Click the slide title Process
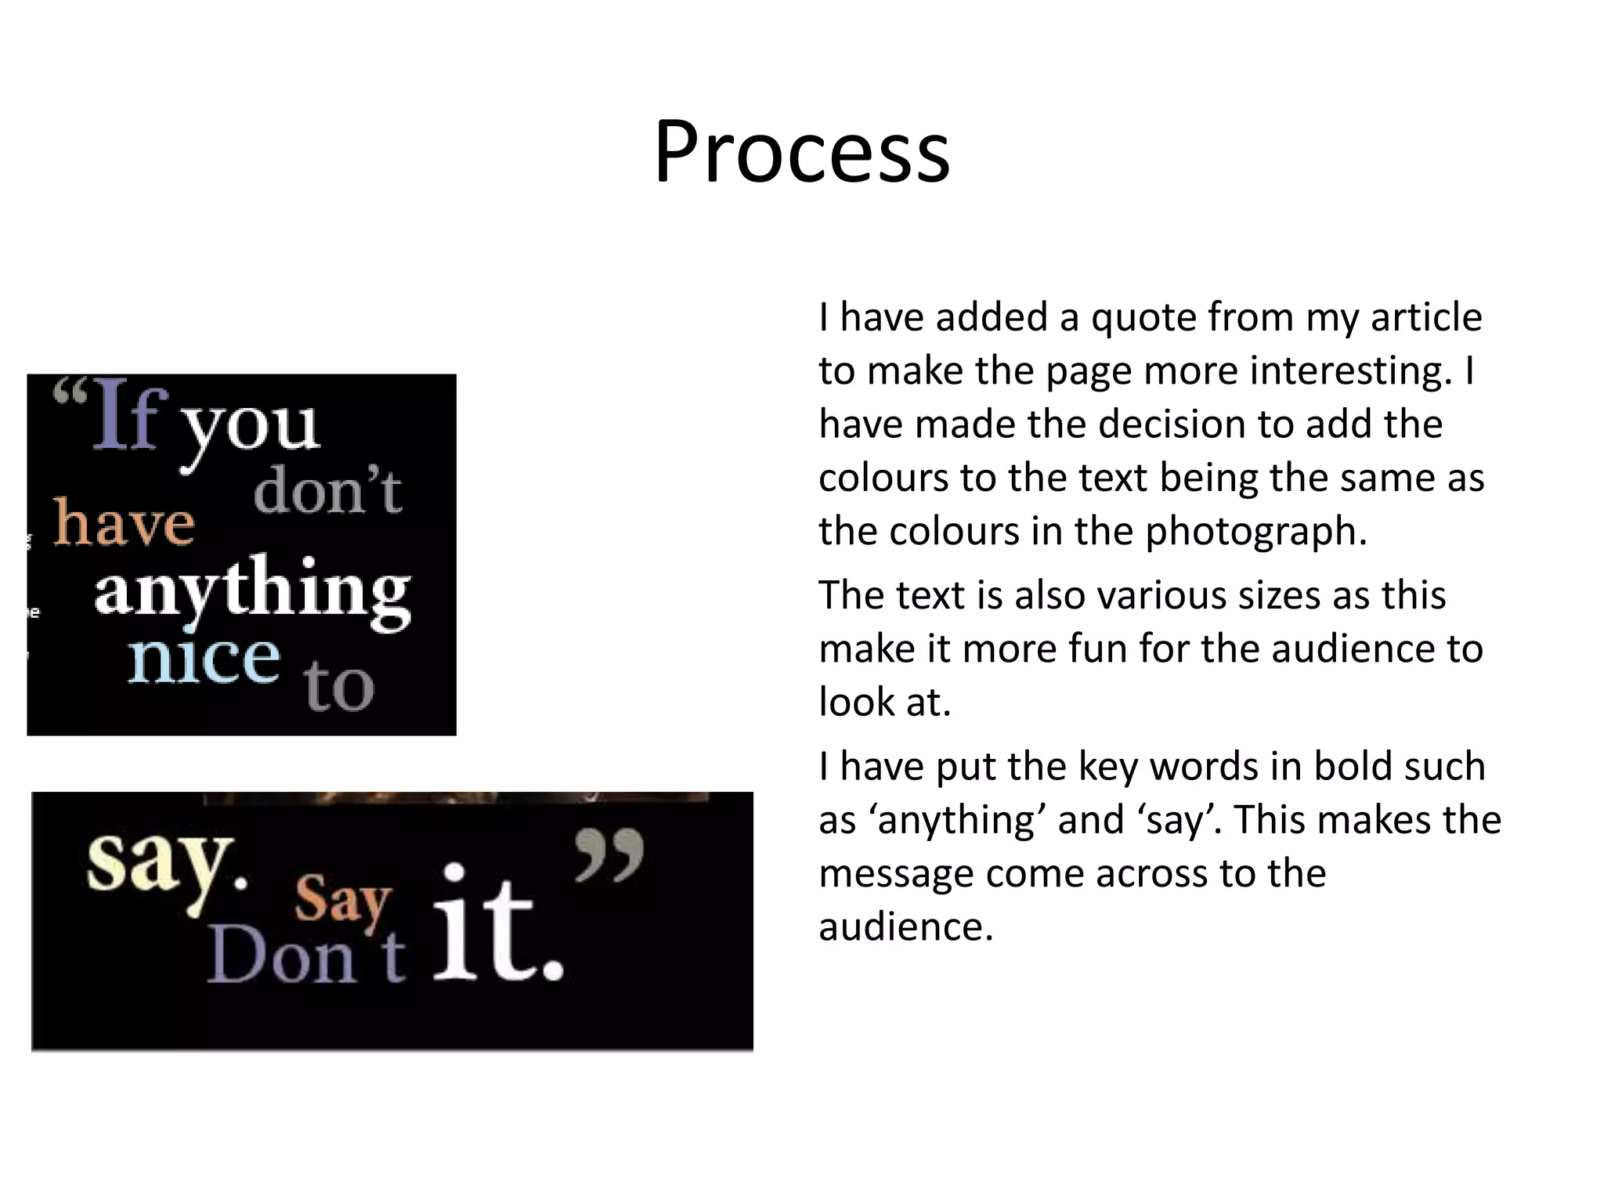coord(802,151)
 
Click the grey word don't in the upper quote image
coord(327,492)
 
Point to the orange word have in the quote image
coord(124,523)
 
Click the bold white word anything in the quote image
coord(252,591)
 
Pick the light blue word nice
coord(204,659)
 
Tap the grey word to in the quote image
coord(339,687)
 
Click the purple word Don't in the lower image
coord(305,957)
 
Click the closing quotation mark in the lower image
coord(609,855)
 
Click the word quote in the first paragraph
coord(1143,318)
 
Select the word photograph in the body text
coord(1255,532)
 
